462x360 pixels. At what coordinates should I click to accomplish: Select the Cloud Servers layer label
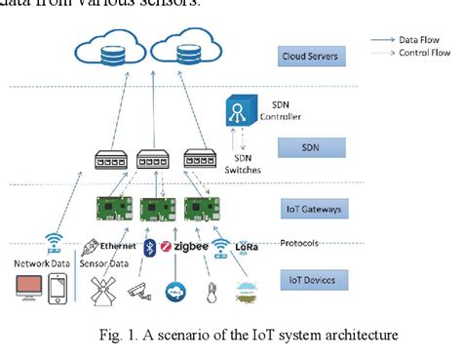(x=310, y=57)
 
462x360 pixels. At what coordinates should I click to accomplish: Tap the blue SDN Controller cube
(x=240, y=109)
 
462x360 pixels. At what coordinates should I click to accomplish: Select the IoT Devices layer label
(x=310, y=280)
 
